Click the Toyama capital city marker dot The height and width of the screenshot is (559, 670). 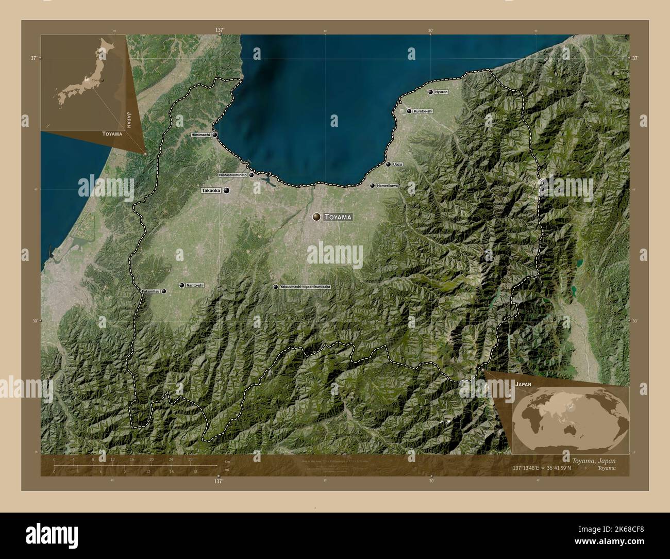(316, 217)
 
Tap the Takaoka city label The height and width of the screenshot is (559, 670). (211, 190)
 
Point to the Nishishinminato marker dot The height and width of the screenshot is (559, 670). (252, 175)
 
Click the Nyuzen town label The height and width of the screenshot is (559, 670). (441, 92)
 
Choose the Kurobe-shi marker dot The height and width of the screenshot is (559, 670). (409, 111)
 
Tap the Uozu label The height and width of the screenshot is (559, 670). (397, 165)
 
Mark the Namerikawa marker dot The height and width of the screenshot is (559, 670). (372, 185)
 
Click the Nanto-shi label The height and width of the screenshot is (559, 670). (195, 285)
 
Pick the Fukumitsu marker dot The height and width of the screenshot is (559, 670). (164, 291)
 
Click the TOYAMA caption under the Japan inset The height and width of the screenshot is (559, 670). (112, 134)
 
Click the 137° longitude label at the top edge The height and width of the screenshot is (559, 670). (220, 30)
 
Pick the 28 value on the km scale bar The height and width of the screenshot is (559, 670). (190, 459)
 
